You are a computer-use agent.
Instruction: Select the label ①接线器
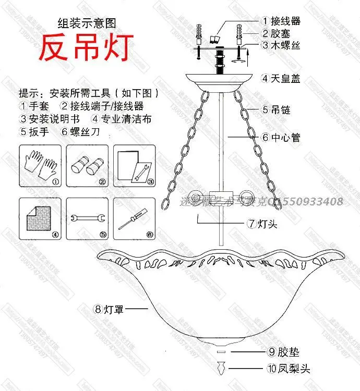282,21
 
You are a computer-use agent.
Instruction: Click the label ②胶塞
277,33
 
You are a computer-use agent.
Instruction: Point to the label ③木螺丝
282,45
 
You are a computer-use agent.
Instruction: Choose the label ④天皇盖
282,79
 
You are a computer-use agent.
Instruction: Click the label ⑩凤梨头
289,369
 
